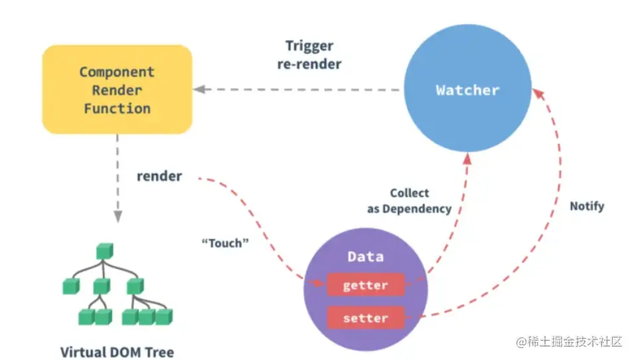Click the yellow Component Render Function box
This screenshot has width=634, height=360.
click(118, 90)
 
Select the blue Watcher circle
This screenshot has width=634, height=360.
click(467, 88)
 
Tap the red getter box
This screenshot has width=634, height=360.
click(366, 285)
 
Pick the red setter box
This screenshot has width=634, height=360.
click(366, 318)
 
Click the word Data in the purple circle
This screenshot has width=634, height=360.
click(366, 256)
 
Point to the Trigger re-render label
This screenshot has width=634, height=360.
click(309, 55)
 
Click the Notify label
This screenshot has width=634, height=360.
click(587, 207)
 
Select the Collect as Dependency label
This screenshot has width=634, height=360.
click(409, 201)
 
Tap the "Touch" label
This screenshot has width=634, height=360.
click(225, 243)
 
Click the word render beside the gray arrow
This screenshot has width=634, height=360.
click(159, 177)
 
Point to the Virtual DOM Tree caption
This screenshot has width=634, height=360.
click(118, 352)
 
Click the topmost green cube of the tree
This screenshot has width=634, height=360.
click(105, 251)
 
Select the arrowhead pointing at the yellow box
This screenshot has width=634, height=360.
click(199, 90)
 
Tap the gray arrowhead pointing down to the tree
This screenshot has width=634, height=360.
click(118, 217)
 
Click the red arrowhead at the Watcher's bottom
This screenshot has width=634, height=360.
click(467, 159)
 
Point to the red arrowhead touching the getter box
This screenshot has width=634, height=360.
click(320, 282)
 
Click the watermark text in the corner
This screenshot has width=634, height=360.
click(570, 342)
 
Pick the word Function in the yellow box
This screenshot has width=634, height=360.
click(118, 108)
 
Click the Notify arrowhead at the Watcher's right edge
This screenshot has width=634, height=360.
click(538, 94)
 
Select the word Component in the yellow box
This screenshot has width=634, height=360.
click(118, 72)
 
